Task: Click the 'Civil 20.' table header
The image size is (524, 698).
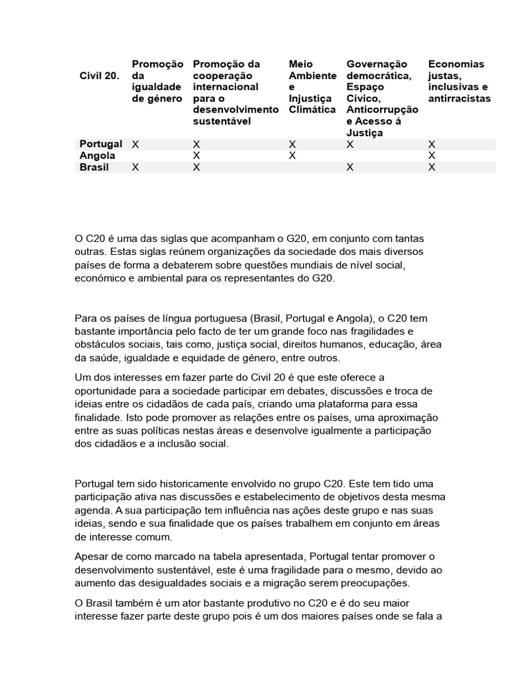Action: coord(100,76)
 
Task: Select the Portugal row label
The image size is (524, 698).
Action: coord(101,144)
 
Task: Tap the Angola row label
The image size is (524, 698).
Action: coord(98,155)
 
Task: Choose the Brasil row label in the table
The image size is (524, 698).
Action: coord(94,167)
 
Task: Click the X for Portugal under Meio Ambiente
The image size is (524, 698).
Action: coord(292,145)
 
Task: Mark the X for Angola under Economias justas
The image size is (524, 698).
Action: coord(431,156)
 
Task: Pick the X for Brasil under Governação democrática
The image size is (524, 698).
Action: coord(350,168)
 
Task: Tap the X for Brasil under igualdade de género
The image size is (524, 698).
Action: coord(135,168)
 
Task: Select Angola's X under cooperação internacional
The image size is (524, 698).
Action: coord(196,156)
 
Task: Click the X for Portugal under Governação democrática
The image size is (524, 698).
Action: coord(350,145)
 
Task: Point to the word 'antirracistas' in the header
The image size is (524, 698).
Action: coord(459,99)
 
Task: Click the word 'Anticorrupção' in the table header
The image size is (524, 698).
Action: coord(383,110)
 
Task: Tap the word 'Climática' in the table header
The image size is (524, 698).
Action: coord(312,110)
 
